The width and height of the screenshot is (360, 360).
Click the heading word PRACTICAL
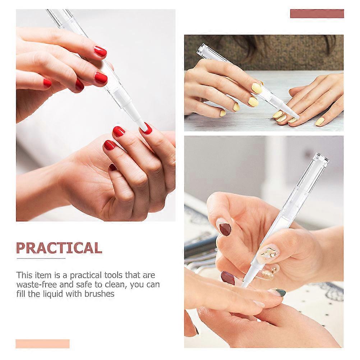click(x=59, y=248)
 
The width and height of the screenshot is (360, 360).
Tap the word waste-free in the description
click(x=36, y=285)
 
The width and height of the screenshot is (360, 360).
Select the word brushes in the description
click(x=99, y=294)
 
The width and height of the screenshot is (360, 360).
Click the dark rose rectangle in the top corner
click(x=317, y=14)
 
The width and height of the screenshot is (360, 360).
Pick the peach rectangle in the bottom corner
click(x=42, y=344)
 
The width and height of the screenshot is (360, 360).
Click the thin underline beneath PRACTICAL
click(x=41, y=259)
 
